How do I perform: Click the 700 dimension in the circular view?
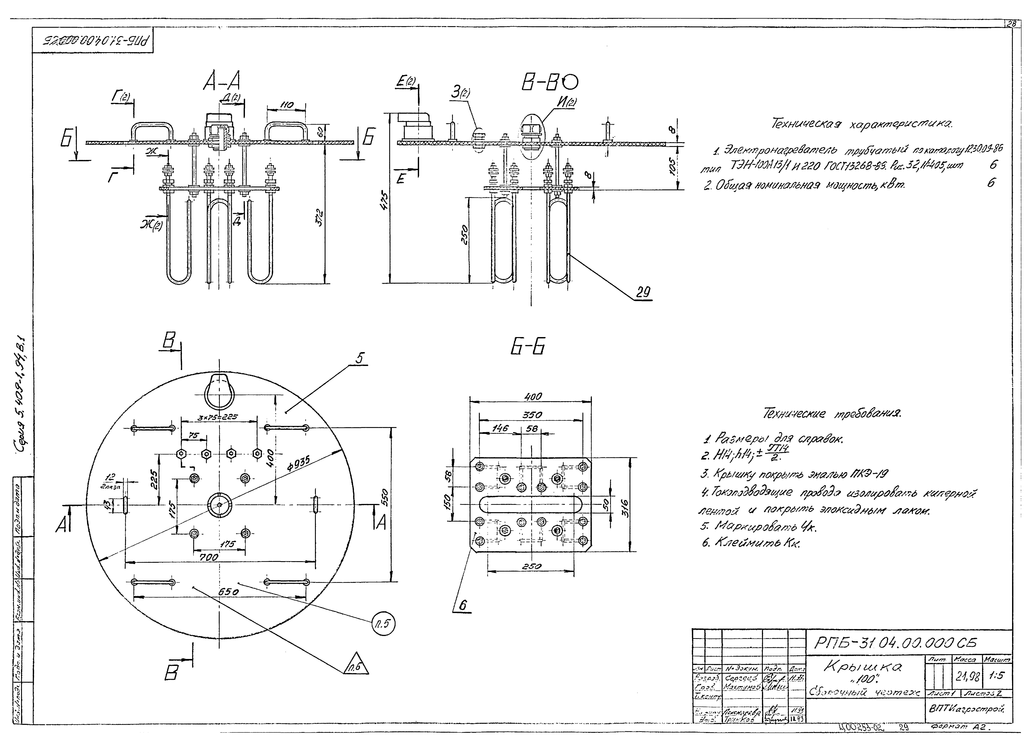click(209, 557)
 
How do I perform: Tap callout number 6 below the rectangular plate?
click(463, 605)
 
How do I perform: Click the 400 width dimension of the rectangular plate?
click(533, 396)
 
